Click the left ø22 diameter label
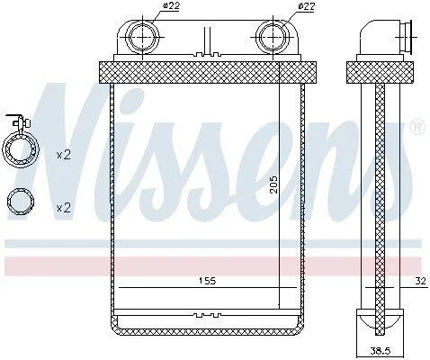pos(170,6)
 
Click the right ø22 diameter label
pos(306,6)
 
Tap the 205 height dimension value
pos(273,184)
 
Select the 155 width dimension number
pos(207,281)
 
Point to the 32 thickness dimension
pos(421,281)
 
